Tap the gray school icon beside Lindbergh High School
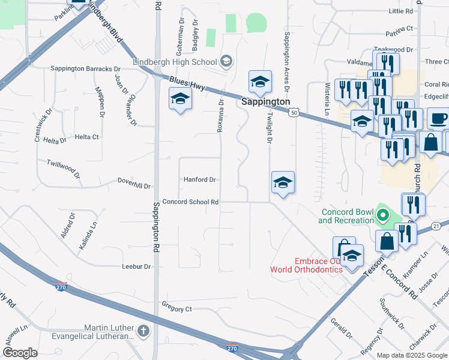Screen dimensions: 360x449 click(226, 60)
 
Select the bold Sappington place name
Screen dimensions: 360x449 click(266, 102)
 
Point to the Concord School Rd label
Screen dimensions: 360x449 click(190, 202)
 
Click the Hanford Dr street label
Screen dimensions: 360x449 click(199, 179)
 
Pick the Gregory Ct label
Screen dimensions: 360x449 click(176, 309)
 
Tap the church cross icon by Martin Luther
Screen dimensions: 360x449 click(143, 331)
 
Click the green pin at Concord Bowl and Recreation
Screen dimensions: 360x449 click(381, 214)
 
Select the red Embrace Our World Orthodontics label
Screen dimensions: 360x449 click(318, 265)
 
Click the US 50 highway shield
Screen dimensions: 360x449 click(294, 112)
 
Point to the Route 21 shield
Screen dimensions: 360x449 click(436, 225)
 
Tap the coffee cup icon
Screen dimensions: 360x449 click(438, 118)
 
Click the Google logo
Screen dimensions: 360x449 click(20, 353)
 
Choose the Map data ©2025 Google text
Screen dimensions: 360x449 click(412, 355)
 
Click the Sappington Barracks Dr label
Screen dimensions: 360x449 click(86, 69)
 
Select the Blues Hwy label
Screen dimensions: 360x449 click(187, 83)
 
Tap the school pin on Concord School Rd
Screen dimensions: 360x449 click(283, 182)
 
